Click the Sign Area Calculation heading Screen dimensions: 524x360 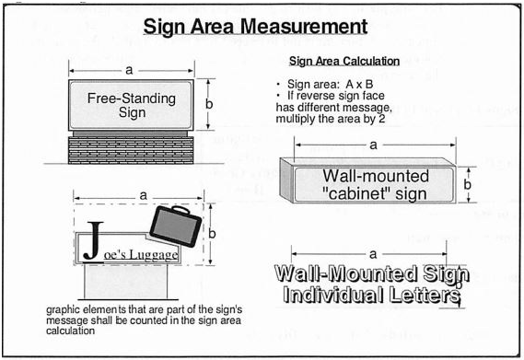coord(344,61)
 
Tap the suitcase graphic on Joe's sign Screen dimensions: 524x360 coord(176,226)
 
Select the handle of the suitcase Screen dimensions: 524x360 coord(180,210)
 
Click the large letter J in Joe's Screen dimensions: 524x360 coord(93,240)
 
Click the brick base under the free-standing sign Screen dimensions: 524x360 coord(131,150)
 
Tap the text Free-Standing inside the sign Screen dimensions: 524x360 coord(132,99)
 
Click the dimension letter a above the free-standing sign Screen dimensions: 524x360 coord(129,70)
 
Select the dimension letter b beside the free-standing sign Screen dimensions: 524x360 coord(209,104)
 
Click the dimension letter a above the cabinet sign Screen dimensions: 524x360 coord(373,145)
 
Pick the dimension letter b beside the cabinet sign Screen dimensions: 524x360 coord(468,184)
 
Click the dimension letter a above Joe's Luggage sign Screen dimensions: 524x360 coord(143,195)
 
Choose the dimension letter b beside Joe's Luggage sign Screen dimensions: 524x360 coord(212,233)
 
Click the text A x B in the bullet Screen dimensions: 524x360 coord(359,84)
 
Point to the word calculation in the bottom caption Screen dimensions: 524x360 coord(71,331)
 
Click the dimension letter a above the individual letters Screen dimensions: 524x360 coord(373,254)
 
